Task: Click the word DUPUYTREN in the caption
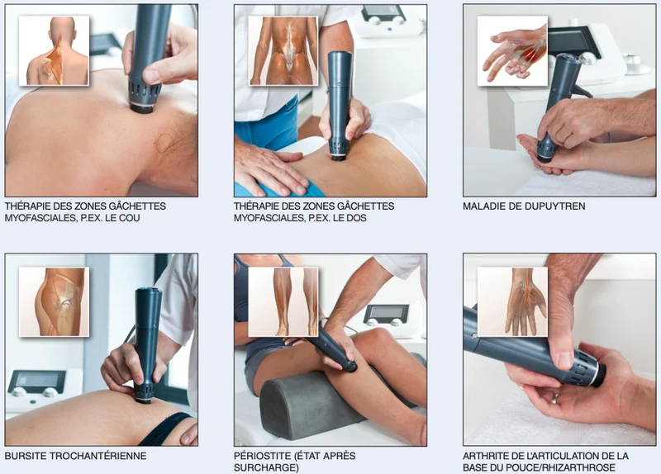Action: (x=554, y=206)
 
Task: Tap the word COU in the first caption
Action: (x=131, y=218)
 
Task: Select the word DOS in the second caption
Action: (x=357, y=218)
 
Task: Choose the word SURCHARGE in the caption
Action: (x=264, y=467)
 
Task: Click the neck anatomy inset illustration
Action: (x=54, y=51)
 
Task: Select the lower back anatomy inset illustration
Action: (x=283, y=51)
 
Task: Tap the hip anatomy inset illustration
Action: (x=54, y=301)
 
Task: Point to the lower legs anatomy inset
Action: (x=283, y=301)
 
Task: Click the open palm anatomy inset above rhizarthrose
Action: (x=512, y=301)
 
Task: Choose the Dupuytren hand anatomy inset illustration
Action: (x=512, y=51)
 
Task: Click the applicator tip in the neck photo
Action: (x=141, y=109)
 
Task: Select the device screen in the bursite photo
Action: (x=37, y=379)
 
